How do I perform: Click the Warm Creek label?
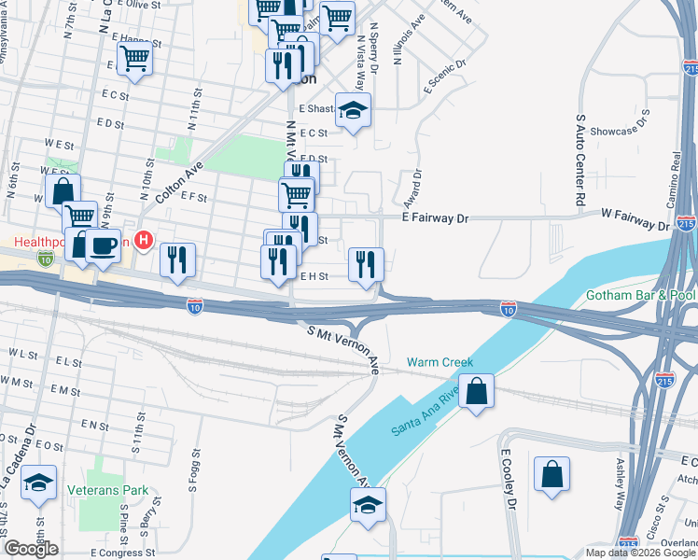pos(440,362)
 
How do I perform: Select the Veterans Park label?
pos(108,489)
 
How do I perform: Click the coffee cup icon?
pos(103,245)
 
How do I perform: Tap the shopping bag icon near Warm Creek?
pos(476,392)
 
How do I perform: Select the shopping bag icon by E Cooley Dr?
pos(551,472)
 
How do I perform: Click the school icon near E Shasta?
pos(353,112)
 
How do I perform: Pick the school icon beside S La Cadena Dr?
pos(39,483)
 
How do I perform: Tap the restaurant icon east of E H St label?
pos(366,265)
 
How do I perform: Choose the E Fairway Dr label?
pos(434,217)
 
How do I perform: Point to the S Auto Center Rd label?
pos(580,161)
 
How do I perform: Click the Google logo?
pos(32,549)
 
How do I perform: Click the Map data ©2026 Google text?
pos(640,553)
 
